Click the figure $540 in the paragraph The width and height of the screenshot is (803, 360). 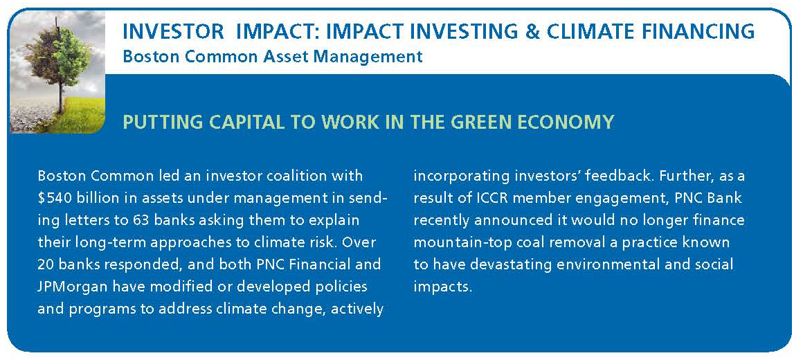(x=54, y=198)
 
